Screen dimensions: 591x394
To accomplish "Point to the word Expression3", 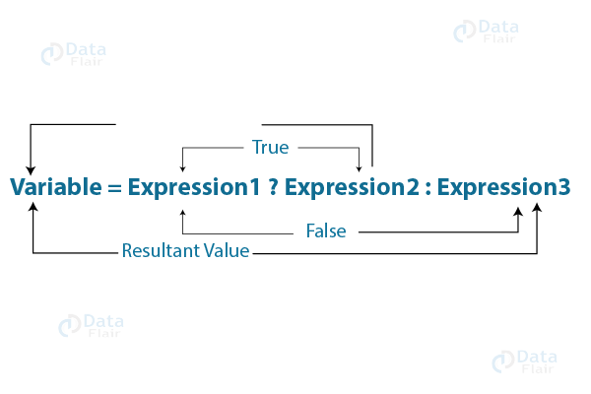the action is click(503, 186).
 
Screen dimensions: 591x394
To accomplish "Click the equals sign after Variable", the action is click(112, 186).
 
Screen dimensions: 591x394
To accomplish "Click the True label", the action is click(270, 147).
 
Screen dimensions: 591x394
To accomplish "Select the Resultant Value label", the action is click(185, 251).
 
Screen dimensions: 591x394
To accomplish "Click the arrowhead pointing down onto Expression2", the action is click(360, 165).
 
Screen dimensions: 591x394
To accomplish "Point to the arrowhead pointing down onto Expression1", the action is click(182, 165).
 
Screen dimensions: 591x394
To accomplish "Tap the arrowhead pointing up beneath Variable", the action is click(33, 208).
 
